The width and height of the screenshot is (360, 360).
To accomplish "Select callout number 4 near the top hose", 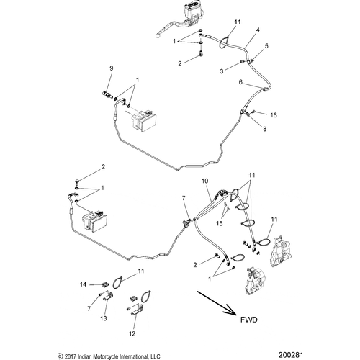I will (x=256, y=30).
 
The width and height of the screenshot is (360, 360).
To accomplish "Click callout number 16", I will (x=274, y=114).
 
